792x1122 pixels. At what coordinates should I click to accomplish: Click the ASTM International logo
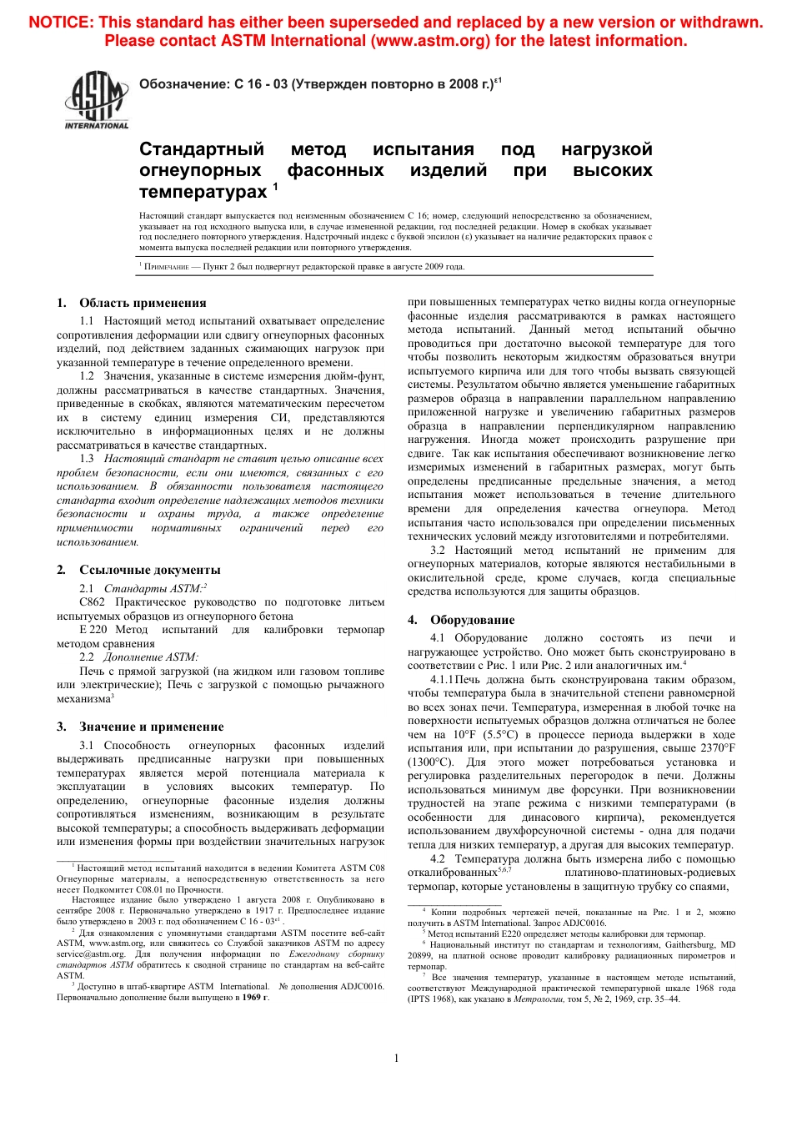[x=97, y=99]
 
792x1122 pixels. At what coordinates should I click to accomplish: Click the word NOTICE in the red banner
[x=60, y=23]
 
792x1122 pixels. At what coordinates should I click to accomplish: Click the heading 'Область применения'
[x=143, y=303]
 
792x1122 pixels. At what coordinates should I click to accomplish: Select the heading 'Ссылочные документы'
[x=150, y=570]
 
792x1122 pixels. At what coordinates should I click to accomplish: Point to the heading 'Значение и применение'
[x=152, y=727]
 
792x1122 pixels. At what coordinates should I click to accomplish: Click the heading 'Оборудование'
[x=472, y=620]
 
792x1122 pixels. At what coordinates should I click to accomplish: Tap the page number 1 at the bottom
[x=396, y=1058]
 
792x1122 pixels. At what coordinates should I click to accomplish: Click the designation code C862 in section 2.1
[x=93, y=602]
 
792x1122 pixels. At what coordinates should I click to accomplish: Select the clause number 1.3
[x=87, y=459]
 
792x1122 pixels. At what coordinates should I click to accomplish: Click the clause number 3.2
[x=438, y=551]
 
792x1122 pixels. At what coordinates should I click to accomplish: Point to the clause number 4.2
[x=438, y=859]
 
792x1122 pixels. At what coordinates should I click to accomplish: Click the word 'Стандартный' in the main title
[x=201, y=149]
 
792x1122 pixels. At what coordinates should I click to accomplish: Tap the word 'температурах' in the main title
[x=203, y=192]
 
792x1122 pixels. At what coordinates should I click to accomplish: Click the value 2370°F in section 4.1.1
[x=718, y=748]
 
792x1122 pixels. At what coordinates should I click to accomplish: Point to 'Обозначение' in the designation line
[x=183, y=84]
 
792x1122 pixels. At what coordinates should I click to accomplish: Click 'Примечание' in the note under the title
[x=167, y=267]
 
